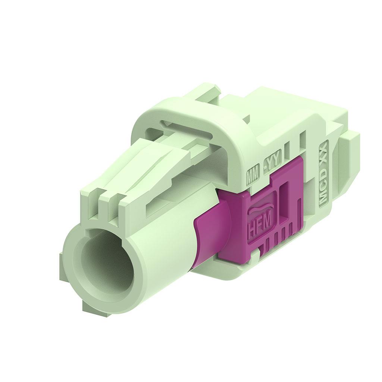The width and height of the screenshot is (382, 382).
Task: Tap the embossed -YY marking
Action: click(x=273, y=163)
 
